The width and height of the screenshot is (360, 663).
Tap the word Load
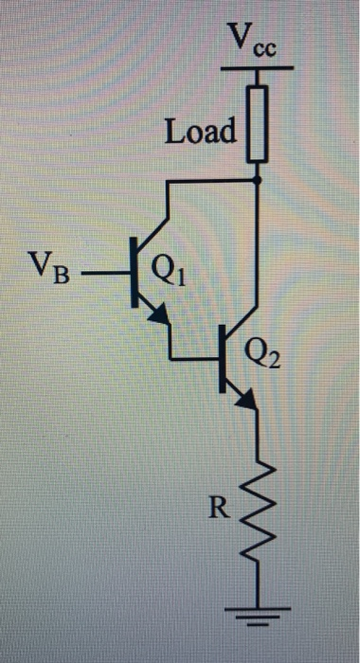(200, 131)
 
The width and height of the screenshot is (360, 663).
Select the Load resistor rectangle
(259, 122)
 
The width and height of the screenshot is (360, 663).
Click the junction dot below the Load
(259, 180)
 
